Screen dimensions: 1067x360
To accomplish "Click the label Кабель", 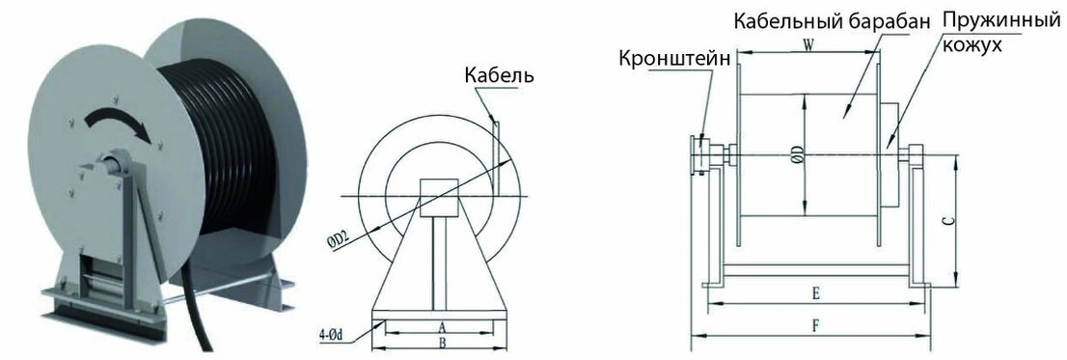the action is click(500, 75).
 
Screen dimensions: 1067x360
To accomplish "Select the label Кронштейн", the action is click(678, 59).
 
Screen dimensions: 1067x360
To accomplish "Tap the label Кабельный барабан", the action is click(831, 22).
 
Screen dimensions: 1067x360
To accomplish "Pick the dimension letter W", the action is click(808, 45).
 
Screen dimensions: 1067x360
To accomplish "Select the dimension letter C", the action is click(950, 220).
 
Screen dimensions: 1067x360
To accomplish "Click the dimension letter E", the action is click(815, 294).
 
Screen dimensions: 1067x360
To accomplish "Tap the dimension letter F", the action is click(815, 326).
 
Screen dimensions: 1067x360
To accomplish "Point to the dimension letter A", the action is click(441, 326).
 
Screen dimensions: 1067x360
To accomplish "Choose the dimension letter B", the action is click(441, 344).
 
